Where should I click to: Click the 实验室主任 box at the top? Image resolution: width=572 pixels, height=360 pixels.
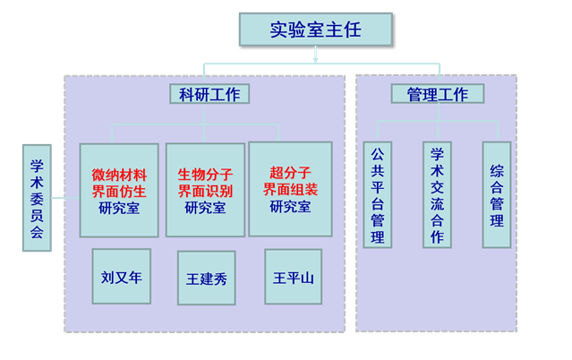point(315,30)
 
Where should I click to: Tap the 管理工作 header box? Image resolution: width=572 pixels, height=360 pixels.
point(437,93)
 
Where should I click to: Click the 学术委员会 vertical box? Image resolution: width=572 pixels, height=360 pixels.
point(37,198)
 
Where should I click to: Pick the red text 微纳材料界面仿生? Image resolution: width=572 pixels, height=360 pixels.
point(119,182)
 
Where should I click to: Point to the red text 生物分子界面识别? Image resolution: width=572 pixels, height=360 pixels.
point(205,182)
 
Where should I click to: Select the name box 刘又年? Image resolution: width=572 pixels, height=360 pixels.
point(122,277)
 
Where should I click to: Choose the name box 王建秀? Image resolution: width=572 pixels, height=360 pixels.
point(206,279)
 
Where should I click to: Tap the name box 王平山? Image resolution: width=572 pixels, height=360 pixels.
point(293,277)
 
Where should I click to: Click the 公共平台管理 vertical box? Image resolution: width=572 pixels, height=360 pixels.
point(378,194)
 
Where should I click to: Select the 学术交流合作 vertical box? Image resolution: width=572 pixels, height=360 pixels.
point(437,194)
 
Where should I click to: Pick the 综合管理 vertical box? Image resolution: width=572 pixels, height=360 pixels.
point(496,194)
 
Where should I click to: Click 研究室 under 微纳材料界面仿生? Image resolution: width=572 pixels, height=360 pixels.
point(119,208)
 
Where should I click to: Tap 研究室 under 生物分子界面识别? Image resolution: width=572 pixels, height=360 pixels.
point(205,208)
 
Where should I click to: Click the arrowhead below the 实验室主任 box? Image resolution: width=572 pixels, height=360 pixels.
point(315,58)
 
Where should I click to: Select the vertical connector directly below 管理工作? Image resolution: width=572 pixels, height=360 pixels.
point(437,113)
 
